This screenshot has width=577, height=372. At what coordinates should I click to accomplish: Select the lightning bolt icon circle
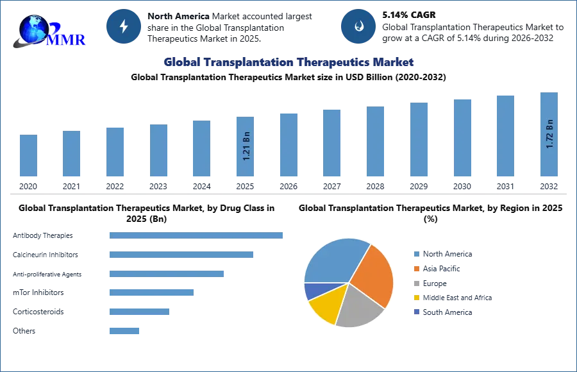click(x=124, y=26)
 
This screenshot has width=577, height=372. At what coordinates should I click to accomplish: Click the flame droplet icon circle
click(x=358, y=26)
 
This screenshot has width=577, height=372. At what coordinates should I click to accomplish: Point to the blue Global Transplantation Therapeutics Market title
click(x=288, y=62)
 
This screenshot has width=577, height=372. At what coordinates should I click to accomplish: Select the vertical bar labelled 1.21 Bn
click(x=246, y=146)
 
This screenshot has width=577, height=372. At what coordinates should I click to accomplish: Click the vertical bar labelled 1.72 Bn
click(x=549, y=136)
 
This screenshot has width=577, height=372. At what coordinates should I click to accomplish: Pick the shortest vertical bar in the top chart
click(x=28, y=156)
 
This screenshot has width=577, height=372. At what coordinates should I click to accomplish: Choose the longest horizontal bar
click(x=197, y=236)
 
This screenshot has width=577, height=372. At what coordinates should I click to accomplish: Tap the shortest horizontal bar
click(x=125, y=332)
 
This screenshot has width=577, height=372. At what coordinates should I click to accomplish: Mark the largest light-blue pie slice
click(x=333, y=260)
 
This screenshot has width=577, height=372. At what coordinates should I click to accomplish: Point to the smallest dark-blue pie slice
click(x=312, y=291)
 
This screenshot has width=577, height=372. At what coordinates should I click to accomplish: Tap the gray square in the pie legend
click(x=416, y=283)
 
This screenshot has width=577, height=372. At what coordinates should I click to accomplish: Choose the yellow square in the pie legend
click(x=416, y=298)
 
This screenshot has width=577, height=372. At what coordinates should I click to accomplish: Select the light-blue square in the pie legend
click(x=416, y=253)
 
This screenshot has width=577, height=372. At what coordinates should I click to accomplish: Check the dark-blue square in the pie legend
click(x=416, y=312)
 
